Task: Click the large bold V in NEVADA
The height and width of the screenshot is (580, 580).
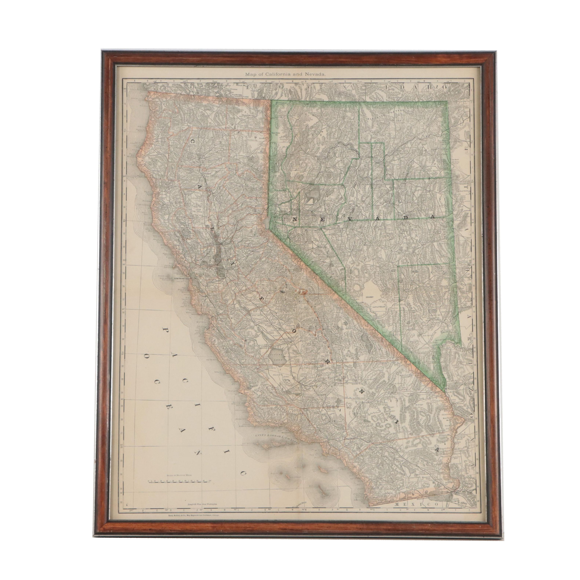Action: pyautogui.click(x=349, y=219)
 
